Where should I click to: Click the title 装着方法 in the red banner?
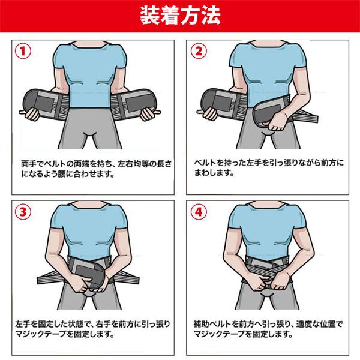click(180, 16)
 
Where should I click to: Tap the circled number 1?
click(23, 51)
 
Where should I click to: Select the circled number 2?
click(199, 51)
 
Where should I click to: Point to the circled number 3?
click(23, 212)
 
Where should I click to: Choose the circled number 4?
click(199, 212)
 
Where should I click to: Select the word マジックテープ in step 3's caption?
click(41, 334)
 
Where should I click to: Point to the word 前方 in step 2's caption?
click(329, 163)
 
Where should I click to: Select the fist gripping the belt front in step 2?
click(277, 121)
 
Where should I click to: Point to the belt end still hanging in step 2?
click(221, 103)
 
